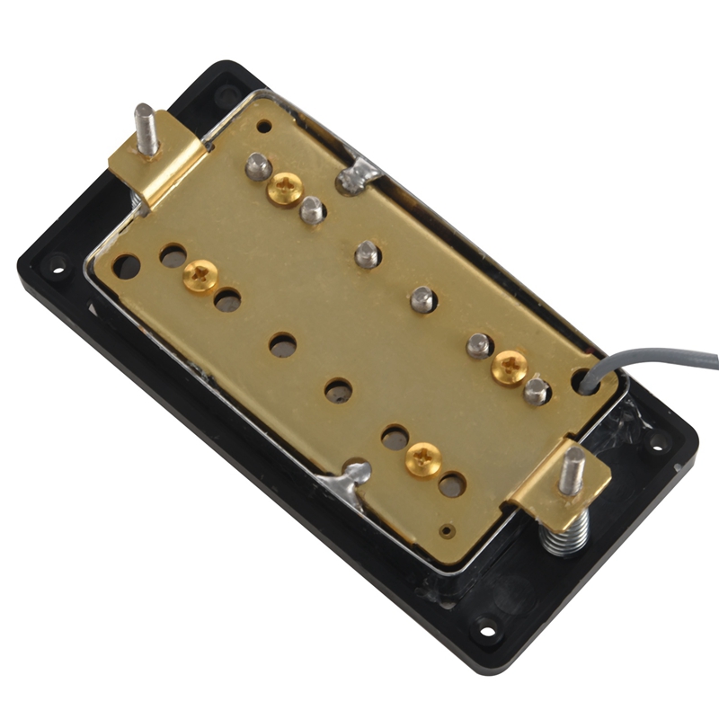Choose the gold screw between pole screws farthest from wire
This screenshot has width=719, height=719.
pos(285,189)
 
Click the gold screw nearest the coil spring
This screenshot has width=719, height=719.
pos(422,460)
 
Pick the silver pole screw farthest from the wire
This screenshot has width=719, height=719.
pos(258,165)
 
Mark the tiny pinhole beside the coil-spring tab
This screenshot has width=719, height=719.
pos(446,528)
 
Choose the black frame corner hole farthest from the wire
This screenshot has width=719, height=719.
pos(58,266)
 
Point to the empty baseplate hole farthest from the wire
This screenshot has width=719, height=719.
pos(127,266)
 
